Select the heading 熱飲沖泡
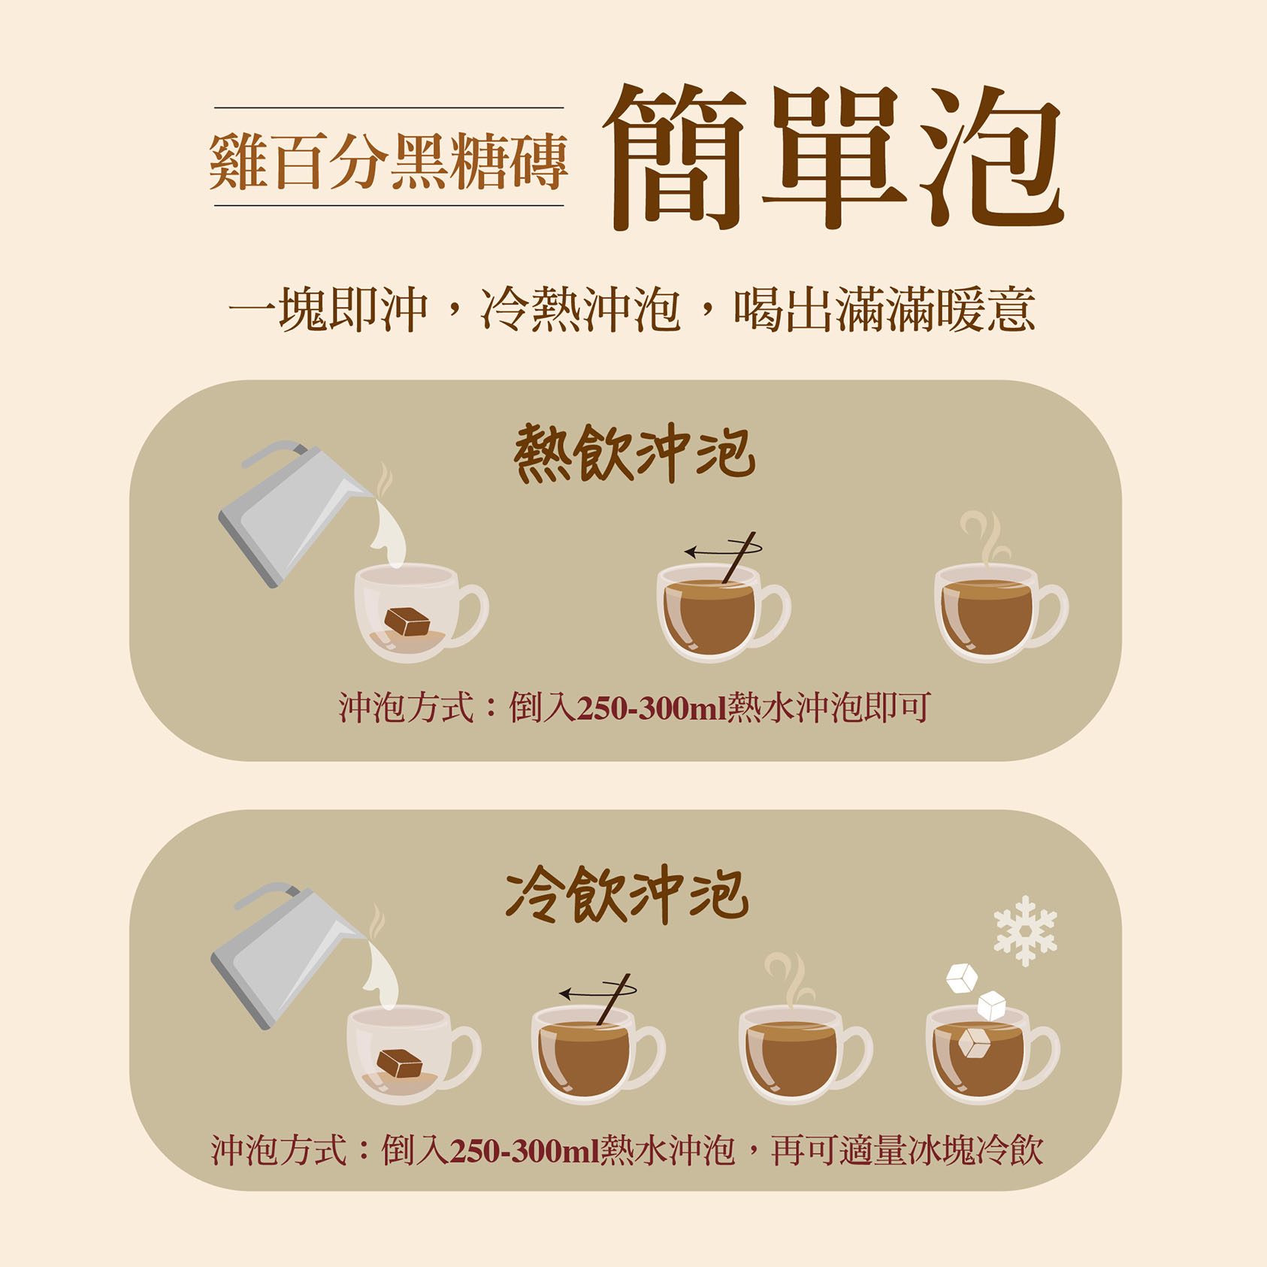point(634,453)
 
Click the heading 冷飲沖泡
point(628,894)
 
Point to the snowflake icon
point(1025,930)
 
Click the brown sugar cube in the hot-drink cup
point(407,621)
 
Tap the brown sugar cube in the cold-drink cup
point(399,1063)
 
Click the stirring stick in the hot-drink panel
point(739,557)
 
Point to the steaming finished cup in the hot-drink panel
point(1000,601)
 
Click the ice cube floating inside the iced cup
point(975,1043)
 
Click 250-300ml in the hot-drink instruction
point(652,708)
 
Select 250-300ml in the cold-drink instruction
point(525,1151)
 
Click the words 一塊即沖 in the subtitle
point(328,309)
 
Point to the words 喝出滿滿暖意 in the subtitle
point(884,309)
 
